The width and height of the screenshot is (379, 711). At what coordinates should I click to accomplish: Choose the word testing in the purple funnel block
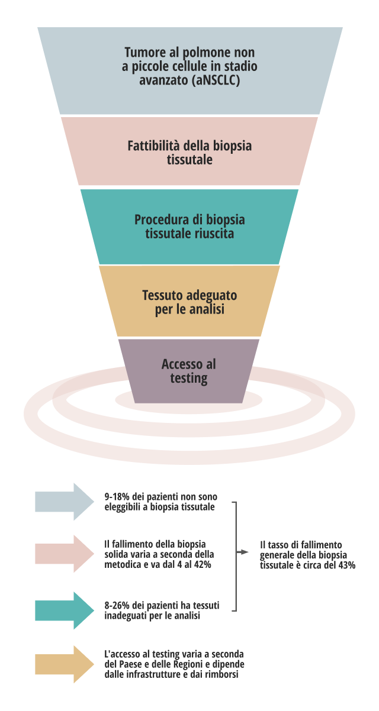(x=189, y=378)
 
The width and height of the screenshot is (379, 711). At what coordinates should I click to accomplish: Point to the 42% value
(x=201, y=564)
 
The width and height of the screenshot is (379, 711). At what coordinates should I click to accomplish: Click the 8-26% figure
(x=116, y=606)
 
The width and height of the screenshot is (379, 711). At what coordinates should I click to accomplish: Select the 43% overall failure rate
(x=345, y=565)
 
